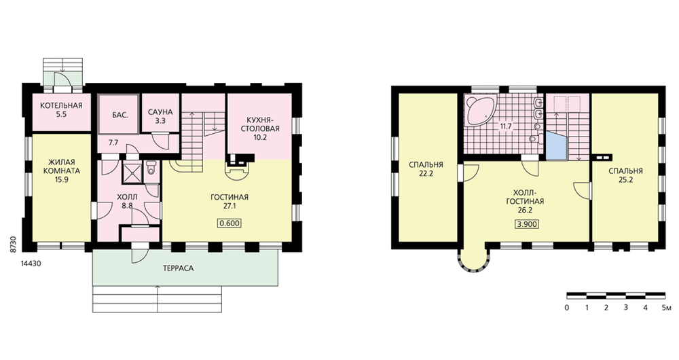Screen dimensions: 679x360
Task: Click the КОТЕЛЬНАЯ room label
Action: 62,106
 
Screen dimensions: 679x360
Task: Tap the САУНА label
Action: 160,112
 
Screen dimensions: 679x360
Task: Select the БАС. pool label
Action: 120,115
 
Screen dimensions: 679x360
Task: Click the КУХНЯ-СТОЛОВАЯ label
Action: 260,124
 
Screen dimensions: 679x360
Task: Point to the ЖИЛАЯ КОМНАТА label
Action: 62,167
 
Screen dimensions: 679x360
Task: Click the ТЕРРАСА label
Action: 179,268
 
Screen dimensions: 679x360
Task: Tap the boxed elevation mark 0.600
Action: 230,223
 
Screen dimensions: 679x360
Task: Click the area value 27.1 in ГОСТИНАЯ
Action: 230,206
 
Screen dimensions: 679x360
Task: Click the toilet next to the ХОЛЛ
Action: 151,167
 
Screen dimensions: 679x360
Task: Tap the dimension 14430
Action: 31,264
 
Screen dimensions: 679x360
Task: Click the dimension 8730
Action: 14,245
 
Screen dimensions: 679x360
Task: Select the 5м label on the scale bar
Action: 667,308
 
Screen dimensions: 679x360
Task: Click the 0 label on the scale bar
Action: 567,308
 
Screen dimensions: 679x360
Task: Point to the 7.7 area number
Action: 113,143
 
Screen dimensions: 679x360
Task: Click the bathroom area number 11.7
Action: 506,127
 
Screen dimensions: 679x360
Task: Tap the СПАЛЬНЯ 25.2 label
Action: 625,175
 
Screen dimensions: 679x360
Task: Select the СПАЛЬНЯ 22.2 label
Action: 426,169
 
